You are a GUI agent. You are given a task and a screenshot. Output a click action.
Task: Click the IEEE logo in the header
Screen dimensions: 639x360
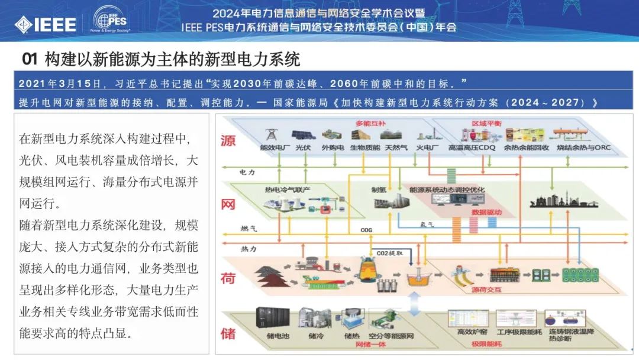(x=46, y=24)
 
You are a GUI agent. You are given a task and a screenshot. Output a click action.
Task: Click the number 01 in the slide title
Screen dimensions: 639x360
(x=30, y=59)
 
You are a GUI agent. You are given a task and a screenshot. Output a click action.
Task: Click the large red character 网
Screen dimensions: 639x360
(x=228, y=205)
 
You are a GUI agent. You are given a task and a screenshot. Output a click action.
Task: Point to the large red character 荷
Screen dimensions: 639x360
(x=228, y=278)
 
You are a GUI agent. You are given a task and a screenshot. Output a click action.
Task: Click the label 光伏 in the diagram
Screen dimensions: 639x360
(x=303, y=147)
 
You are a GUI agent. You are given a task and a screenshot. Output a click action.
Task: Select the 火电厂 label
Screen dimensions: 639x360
(x=427, y=147)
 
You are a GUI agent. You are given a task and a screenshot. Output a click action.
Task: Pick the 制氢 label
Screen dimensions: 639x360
(x=379, y=189)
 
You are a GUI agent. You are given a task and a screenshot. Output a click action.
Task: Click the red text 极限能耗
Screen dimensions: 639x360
(x=482, y=343)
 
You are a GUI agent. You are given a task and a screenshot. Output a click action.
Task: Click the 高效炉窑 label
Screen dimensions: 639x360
(x=467, y=332)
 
